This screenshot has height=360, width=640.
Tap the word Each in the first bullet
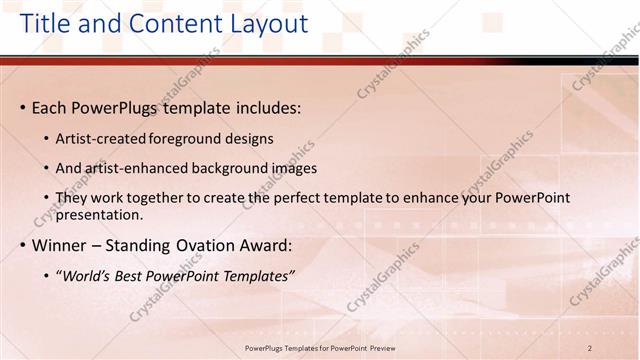pyautogui.click(x=51, y=107)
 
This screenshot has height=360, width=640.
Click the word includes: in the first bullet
pyautogui.click(x=266, y=107)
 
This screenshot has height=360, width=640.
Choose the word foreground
pyautogui.click(x=186, y=139)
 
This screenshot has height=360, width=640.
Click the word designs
pyautogui.click(x=248, y=139)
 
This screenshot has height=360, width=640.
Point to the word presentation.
pyautogui.click(x=99, y=214)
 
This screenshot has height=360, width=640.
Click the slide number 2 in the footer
pyautogui.click(x=590, y=347)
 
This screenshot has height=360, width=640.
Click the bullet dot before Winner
pyautogui.click(x=22, y=245)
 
